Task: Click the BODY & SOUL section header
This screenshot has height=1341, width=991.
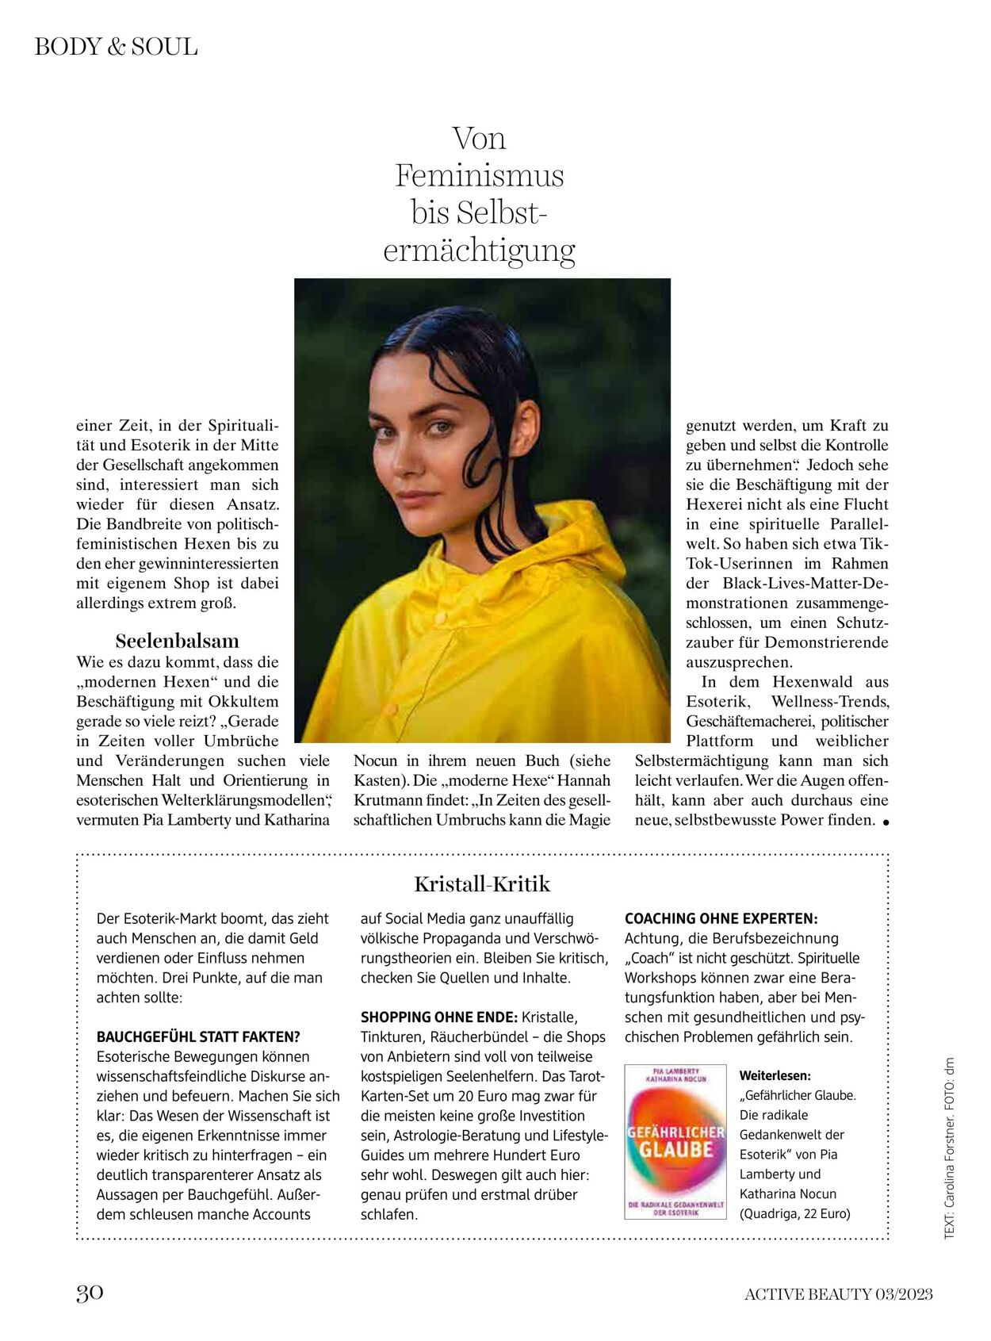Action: [x=116, y=47]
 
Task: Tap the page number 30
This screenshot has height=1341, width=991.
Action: [x=90, y=1293]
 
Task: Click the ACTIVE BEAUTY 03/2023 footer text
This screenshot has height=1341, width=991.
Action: [x=838, y=1294]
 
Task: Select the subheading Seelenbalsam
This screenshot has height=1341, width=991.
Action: [x=177, y=641]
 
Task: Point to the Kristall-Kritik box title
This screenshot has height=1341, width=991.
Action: [x=482, y=884]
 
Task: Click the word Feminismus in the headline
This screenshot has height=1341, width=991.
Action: [x=480, y=175]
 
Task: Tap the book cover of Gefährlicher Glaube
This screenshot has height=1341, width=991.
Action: [x=675, y=1141]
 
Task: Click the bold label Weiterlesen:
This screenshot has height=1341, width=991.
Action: [x=775, y=1076]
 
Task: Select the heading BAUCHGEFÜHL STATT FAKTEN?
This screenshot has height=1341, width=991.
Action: [x=198, y=1036]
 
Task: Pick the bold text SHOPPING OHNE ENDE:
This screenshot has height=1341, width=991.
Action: [x=439, y=1017]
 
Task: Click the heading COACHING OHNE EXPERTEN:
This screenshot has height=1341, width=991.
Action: [x=721, y=918]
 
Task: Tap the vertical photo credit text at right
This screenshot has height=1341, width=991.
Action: [x=949, y=1147]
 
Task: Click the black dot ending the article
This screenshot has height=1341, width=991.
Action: [x=885, y=822]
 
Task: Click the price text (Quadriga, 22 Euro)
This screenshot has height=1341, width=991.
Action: [x=794, y=1213]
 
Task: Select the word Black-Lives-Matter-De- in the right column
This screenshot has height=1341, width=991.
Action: [x=805, y=583]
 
